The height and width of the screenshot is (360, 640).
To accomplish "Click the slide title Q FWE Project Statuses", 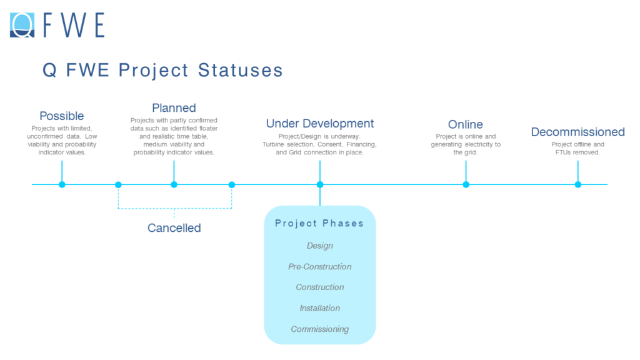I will point(162,70).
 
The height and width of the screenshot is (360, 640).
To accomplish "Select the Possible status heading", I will point(61,116).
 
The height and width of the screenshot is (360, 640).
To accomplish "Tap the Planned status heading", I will point(174,108).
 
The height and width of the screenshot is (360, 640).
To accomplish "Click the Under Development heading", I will point(320,124).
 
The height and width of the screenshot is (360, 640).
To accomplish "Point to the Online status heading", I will point(465,124).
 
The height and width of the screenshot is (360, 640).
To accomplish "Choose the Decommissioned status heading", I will point(577,132).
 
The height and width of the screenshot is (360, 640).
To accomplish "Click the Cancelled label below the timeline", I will point(174,228).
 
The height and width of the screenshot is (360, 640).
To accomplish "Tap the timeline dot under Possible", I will point(62,184).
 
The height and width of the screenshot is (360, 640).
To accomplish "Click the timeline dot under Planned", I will point(174,184).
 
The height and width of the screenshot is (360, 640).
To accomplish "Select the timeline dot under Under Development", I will point(320,184).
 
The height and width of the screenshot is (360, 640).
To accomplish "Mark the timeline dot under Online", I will point(466,184).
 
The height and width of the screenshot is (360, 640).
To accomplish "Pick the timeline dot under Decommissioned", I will point(577,184).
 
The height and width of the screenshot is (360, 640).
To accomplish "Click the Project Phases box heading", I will point(319,223).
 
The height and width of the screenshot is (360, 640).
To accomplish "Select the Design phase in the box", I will point(319,246).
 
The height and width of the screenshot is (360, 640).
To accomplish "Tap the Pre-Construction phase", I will point(319,266).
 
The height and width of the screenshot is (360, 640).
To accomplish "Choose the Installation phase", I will point(319,308).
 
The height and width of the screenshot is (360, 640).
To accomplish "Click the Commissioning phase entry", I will point(319,329).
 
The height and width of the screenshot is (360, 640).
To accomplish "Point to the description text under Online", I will point(465,144).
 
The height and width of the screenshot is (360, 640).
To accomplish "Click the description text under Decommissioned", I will point(577,148).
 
